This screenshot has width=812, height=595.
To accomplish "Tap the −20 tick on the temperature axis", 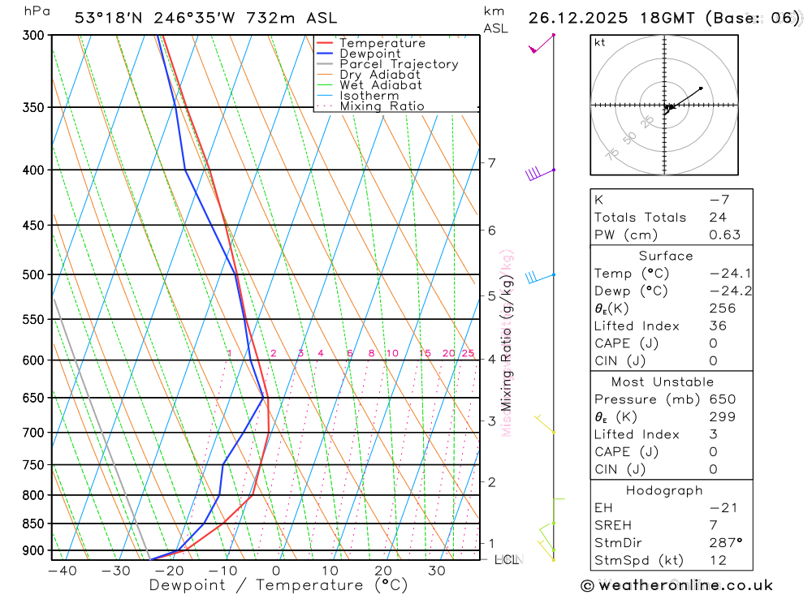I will click(169, 571).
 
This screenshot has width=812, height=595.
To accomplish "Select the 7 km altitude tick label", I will click(492, 163).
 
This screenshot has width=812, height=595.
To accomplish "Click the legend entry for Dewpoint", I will click(369, 54).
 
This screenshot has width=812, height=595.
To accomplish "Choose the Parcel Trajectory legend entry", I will click(398, 64).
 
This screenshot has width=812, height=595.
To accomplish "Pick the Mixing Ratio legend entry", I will click(382, 106).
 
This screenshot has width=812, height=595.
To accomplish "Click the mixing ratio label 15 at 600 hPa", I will click(425, 353).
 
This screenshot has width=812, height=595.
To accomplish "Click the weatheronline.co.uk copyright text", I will click(677, 585).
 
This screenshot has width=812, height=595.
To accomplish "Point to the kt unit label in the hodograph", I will click(600, 42).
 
